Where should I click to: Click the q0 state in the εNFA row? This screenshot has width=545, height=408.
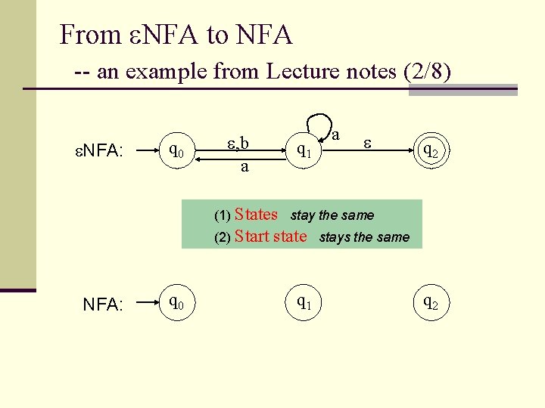click(x=175, y=151)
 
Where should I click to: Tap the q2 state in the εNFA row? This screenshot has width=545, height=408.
click(x=430, y=151)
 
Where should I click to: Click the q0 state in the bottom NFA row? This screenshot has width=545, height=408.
click(x=175, y=303)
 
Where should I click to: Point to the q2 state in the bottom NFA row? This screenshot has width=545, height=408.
click(x=430, y=303)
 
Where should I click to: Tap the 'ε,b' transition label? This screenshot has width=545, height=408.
click(x=238, y=143)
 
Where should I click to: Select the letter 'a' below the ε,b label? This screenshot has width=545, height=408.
click(x=244, y=166)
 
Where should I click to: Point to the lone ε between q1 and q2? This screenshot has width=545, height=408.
click(x=367, y=142)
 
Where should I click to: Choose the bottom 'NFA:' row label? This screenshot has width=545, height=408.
click(x=102, y=304)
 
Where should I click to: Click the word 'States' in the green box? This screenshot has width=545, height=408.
click(x=257, y=215)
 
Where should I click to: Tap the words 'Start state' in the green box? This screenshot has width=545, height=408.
click(x=271, y=236)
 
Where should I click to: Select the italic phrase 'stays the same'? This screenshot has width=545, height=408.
click(x=364, y=237)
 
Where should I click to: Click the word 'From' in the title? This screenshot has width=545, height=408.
click(x=89, y=35)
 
